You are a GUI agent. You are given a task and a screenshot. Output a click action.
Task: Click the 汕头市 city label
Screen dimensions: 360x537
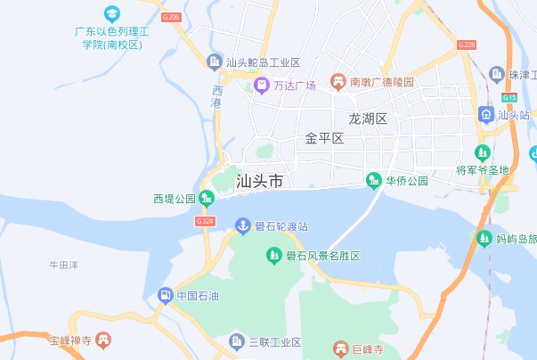click(260, 181)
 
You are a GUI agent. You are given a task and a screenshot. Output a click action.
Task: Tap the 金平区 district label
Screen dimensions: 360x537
click(324, 138)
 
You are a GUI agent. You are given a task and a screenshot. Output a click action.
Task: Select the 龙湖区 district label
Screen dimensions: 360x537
click(368, 119)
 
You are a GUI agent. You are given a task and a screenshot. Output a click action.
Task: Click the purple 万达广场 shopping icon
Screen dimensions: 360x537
click(262, 86)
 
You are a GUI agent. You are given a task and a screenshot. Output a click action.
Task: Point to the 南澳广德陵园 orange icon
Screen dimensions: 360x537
click(338, 82)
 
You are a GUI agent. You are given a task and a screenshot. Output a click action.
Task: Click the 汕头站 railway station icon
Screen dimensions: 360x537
click(486, 114)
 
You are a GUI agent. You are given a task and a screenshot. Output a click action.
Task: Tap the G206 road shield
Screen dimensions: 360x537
click(172, 17)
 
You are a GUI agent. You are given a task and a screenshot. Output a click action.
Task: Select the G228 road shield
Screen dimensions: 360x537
click(466, 45)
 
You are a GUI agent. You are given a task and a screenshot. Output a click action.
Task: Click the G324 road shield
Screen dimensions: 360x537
click(205, 220)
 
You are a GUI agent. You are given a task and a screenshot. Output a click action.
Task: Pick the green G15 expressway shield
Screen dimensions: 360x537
click(509, 97)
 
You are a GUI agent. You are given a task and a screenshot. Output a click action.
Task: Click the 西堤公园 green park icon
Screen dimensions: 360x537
click(207, 198)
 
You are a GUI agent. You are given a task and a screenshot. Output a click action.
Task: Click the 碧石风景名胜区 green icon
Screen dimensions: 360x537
click(274, 257)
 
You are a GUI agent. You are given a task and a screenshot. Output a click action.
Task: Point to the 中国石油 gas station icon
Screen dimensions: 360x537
click(165, 295)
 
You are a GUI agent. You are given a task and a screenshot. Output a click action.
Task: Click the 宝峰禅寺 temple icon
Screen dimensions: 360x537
click(104, 340)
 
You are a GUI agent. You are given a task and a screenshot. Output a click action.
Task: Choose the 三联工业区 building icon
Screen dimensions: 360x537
click(236, 341)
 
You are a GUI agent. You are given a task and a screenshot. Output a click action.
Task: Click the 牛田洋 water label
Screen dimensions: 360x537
click(64, 265)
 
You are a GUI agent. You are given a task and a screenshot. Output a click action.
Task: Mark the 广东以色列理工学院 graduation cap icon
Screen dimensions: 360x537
click(111, 14)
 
